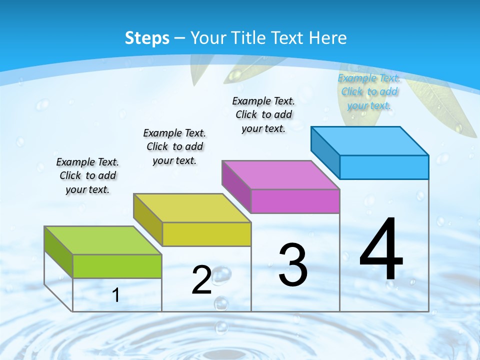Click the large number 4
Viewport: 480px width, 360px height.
pyautogui.click(x=381, y=250)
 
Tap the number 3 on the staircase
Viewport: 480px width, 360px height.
pyautogui.click(x=293, y=265)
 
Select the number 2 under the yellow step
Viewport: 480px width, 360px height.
pyautogui.click(x=201, y=280)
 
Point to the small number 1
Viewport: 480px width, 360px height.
pyautogui.click(x=115, y=295)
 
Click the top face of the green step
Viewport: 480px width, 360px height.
pyautogui.click(x=103, y=240)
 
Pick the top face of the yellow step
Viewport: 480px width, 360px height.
pyautogui.click(x=192, y=208)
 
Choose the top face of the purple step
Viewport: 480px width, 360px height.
pyautogui.click(x=280, y=175)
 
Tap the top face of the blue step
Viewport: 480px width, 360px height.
pyautogui.click(x=369, y=141)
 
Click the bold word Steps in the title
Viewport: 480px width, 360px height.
pyautogui.click(x=147, y=38)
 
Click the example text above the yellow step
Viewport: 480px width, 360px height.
pyautogui.click(x=174, y=146)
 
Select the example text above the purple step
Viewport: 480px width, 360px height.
pyautogui.click(x=263, y=114)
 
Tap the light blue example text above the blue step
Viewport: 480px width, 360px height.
pyautogui.click(x=369, y=91)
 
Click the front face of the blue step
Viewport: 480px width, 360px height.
pyautogui.click(x=384, y=167)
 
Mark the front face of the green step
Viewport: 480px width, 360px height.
pyautogui.click(x=117, y=266)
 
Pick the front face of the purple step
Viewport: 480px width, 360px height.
pyautogui.click(x=295, y=201)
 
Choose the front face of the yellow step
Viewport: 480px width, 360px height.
pyautogui.click(x=206, y=234)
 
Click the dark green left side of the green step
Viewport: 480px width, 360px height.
pyautogui.click(x=58, y=251)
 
